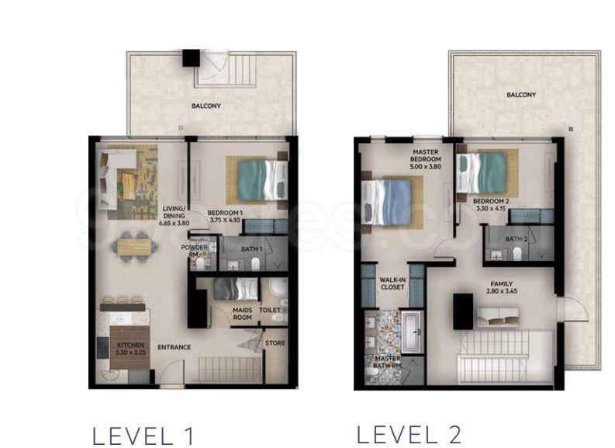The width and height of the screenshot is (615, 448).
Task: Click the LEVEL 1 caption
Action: point(143,436)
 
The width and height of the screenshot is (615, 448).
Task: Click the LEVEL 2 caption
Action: point(409,433)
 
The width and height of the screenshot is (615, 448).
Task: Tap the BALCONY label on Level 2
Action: point(521,95)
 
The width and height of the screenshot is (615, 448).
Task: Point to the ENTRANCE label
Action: point(174,347)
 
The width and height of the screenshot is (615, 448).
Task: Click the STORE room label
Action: point(275,343)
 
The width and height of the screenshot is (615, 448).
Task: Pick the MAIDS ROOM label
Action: point(243,313)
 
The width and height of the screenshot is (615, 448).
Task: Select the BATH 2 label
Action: point(517,238)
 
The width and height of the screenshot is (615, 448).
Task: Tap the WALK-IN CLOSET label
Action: point(392,283)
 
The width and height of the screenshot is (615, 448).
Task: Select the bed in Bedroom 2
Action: point(482,172)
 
